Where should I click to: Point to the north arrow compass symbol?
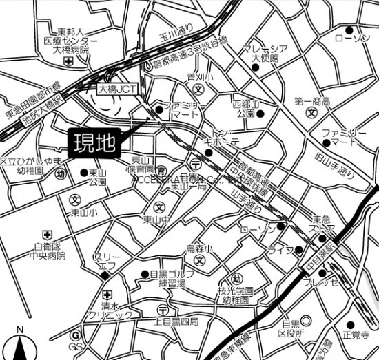(21, 343)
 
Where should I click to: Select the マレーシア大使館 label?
(264, 54)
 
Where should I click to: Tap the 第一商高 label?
(314, 102)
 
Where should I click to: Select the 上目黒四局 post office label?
(175, 321)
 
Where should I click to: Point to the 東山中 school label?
(156, 220)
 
